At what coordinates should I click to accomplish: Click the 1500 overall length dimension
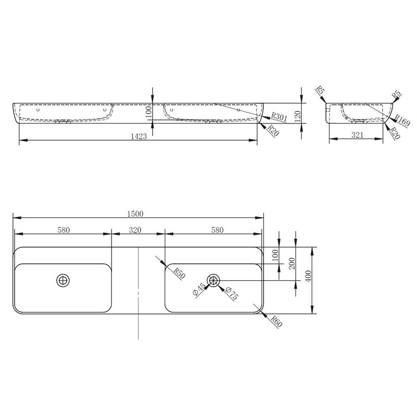click(135, 214)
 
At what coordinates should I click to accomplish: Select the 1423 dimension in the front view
click(139, 136)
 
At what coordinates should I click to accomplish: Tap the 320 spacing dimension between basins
click(135, 230)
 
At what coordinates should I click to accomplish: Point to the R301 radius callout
click(279, 116)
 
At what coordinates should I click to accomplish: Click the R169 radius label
click(402, 120)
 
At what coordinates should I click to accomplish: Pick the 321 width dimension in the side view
click(358, 135)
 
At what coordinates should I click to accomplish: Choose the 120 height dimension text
click(298, 116)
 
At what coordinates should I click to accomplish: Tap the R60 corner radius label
click(276, 321)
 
